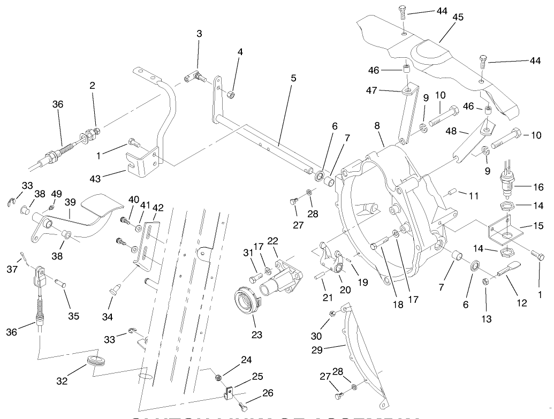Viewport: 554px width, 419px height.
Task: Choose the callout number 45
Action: click(x=458, y=17)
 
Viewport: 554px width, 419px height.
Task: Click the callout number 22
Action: click(x=273, y=241)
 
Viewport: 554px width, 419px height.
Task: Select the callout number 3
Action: click(x=199, y=33)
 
